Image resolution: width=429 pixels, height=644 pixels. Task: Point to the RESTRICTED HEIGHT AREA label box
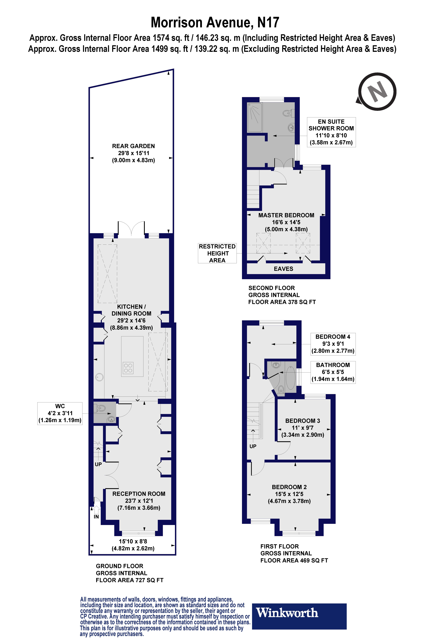point(217,253)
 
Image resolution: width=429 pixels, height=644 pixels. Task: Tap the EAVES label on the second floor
point(283,269)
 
